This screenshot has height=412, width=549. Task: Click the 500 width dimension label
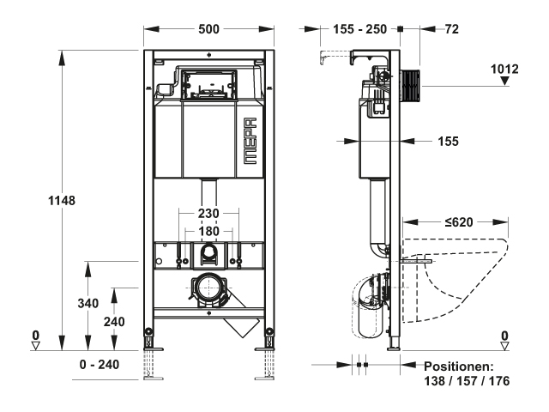[208, 29]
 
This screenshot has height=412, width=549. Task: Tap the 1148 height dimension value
[62, 201]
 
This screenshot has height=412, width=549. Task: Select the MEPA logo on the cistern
[250, 141]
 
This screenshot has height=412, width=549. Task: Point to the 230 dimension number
[208, 214]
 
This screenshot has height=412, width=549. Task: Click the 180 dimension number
[208, 232]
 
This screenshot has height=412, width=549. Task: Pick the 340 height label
[88, 303]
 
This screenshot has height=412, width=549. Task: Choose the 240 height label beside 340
[114, 322]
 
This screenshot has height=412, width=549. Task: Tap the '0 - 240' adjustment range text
[100, 365]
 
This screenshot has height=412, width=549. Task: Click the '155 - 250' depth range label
[360, 29]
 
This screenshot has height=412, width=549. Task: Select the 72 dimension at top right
[452, 29]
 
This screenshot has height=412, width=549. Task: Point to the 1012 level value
[504, 69]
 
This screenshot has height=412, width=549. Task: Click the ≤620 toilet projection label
[459, 222]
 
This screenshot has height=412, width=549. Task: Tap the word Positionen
[459, 367]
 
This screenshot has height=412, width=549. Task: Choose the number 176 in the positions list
[499, 381]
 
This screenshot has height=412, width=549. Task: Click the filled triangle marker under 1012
[504, 81]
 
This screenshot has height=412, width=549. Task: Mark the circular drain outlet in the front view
[209, 288]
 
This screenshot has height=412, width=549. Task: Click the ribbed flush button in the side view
[410, 86]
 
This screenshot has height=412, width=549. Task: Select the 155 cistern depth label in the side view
[448, 142]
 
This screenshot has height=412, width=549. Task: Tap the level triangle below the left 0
[35, 346]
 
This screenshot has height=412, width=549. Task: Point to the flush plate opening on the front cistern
[209, 85]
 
